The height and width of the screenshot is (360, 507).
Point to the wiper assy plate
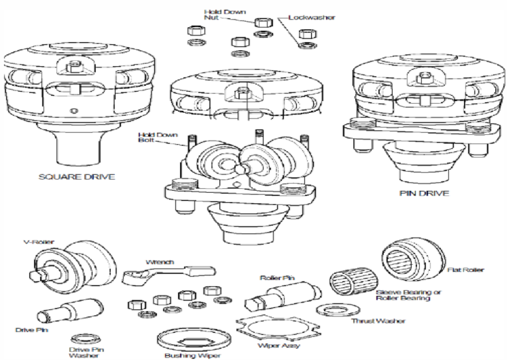tap(270, 330)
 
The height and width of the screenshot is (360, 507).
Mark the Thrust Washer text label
tap(386, 322)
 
